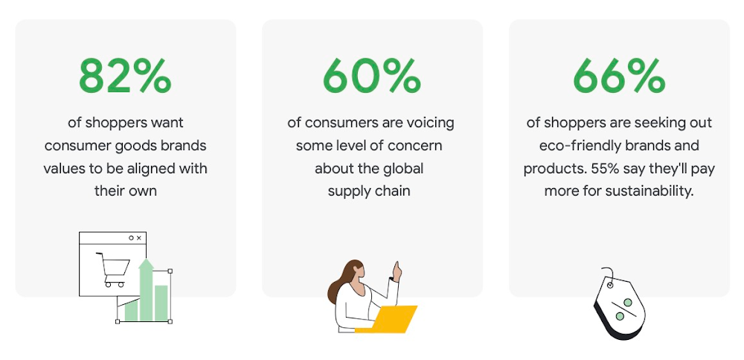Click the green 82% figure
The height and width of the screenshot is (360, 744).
tap(125, 76)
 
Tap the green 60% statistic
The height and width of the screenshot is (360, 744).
tap(372, 76)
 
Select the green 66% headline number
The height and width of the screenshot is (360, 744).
tap(619, 76)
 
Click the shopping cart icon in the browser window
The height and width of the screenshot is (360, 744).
tap(113, 269)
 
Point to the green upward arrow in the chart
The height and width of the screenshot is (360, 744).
tap(146, 289)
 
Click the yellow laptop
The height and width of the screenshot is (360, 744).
tap(386, 319)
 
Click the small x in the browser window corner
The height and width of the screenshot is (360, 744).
tap(138, 237)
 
